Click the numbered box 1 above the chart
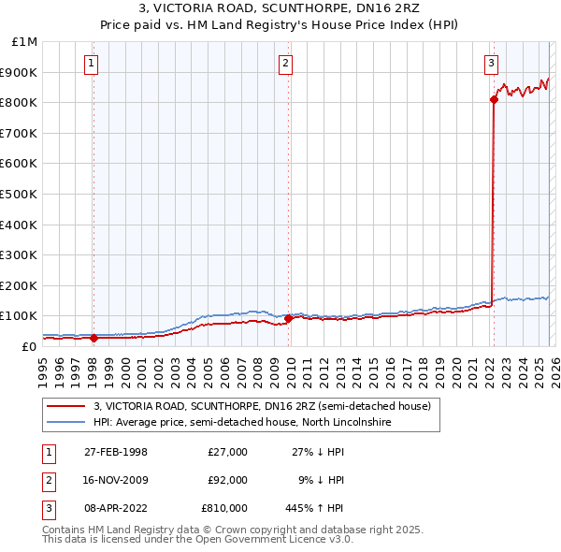pos(92,64)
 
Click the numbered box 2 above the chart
pos(285,64)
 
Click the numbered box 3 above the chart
pos(491,64)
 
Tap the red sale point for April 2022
pos(493,99)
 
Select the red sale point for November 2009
pos(288,318)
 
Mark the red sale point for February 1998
pos(93,338)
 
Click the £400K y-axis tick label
pos(20,225)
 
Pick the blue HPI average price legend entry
pos(242,422)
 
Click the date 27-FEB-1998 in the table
pos(116,452)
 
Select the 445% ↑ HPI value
pos(315,508)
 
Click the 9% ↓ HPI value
pos(321,480)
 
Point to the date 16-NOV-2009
pos(116,480)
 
